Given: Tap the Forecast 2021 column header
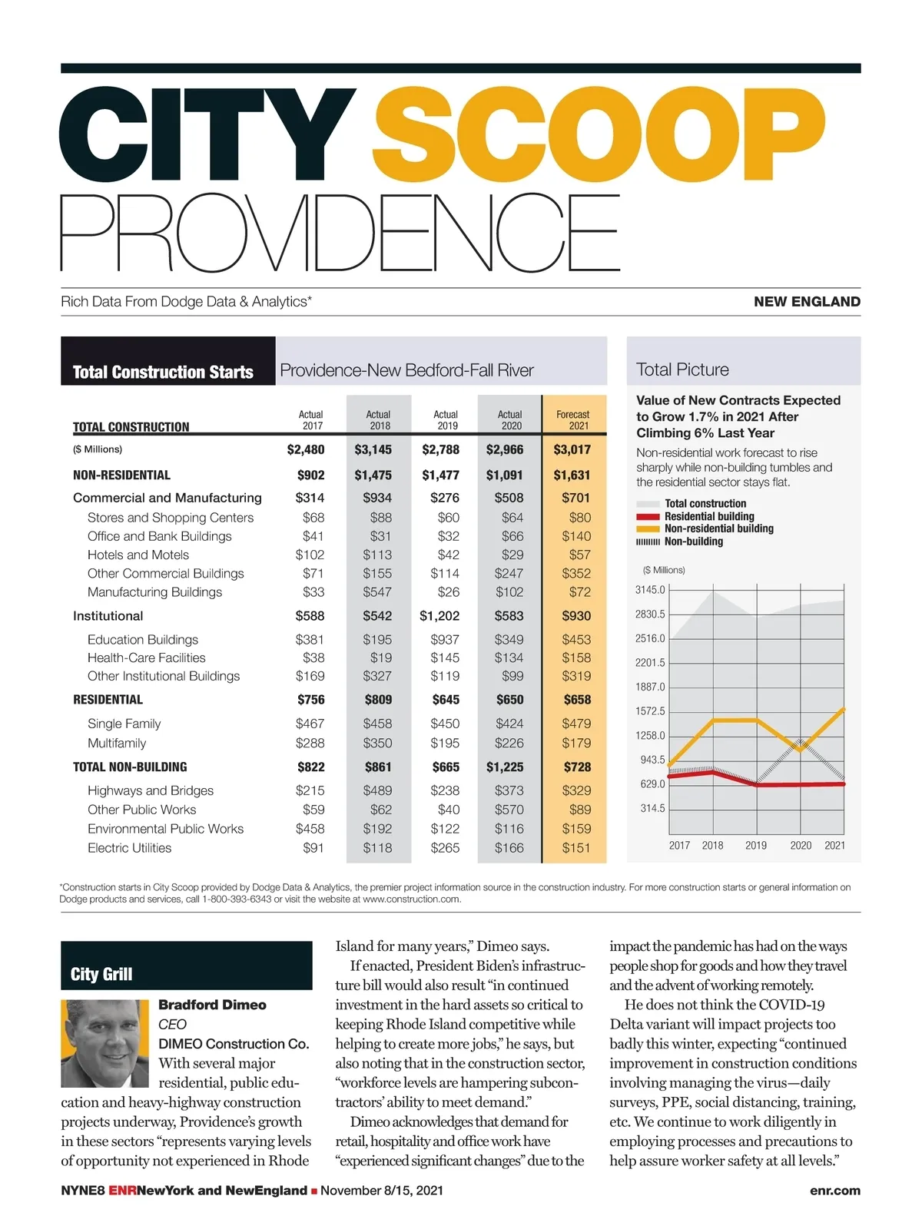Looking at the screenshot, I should [x=573, y=419].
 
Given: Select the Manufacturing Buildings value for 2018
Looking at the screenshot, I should [x=377, y=592].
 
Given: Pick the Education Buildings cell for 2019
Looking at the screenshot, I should [x=445, y=639].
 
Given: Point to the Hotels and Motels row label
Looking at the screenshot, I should [x=138, y=555].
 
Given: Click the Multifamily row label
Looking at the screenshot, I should [x=117, y=743].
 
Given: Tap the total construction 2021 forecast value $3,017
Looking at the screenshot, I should [x=572, y=449].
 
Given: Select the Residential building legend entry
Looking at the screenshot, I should [x=708, y=516].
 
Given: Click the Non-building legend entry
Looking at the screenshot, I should [x=693, y=542].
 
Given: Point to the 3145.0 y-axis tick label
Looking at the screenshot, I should [x=650, y=590].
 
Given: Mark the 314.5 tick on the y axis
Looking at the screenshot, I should [x=652, y=808].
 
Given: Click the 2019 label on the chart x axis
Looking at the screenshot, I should [x=756, y=845].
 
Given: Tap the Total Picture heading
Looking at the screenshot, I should [x=682, y=369].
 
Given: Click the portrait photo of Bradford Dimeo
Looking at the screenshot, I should [x=105, y=1043].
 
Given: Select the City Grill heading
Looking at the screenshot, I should [x=101, y=974].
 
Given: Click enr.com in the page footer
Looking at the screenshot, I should [x=834, y=1191].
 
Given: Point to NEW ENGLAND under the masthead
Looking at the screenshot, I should [x=807, y=302].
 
